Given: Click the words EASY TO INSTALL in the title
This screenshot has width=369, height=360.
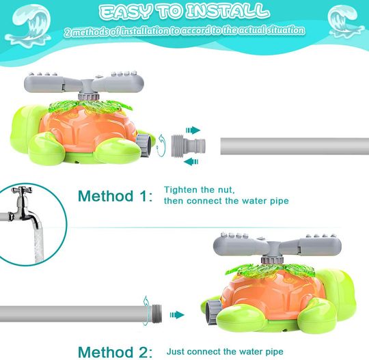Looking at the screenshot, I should (182, 11).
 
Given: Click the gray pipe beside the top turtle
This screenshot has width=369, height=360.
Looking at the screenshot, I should (294, 146).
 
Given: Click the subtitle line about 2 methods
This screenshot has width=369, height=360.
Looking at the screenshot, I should (184, 31).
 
